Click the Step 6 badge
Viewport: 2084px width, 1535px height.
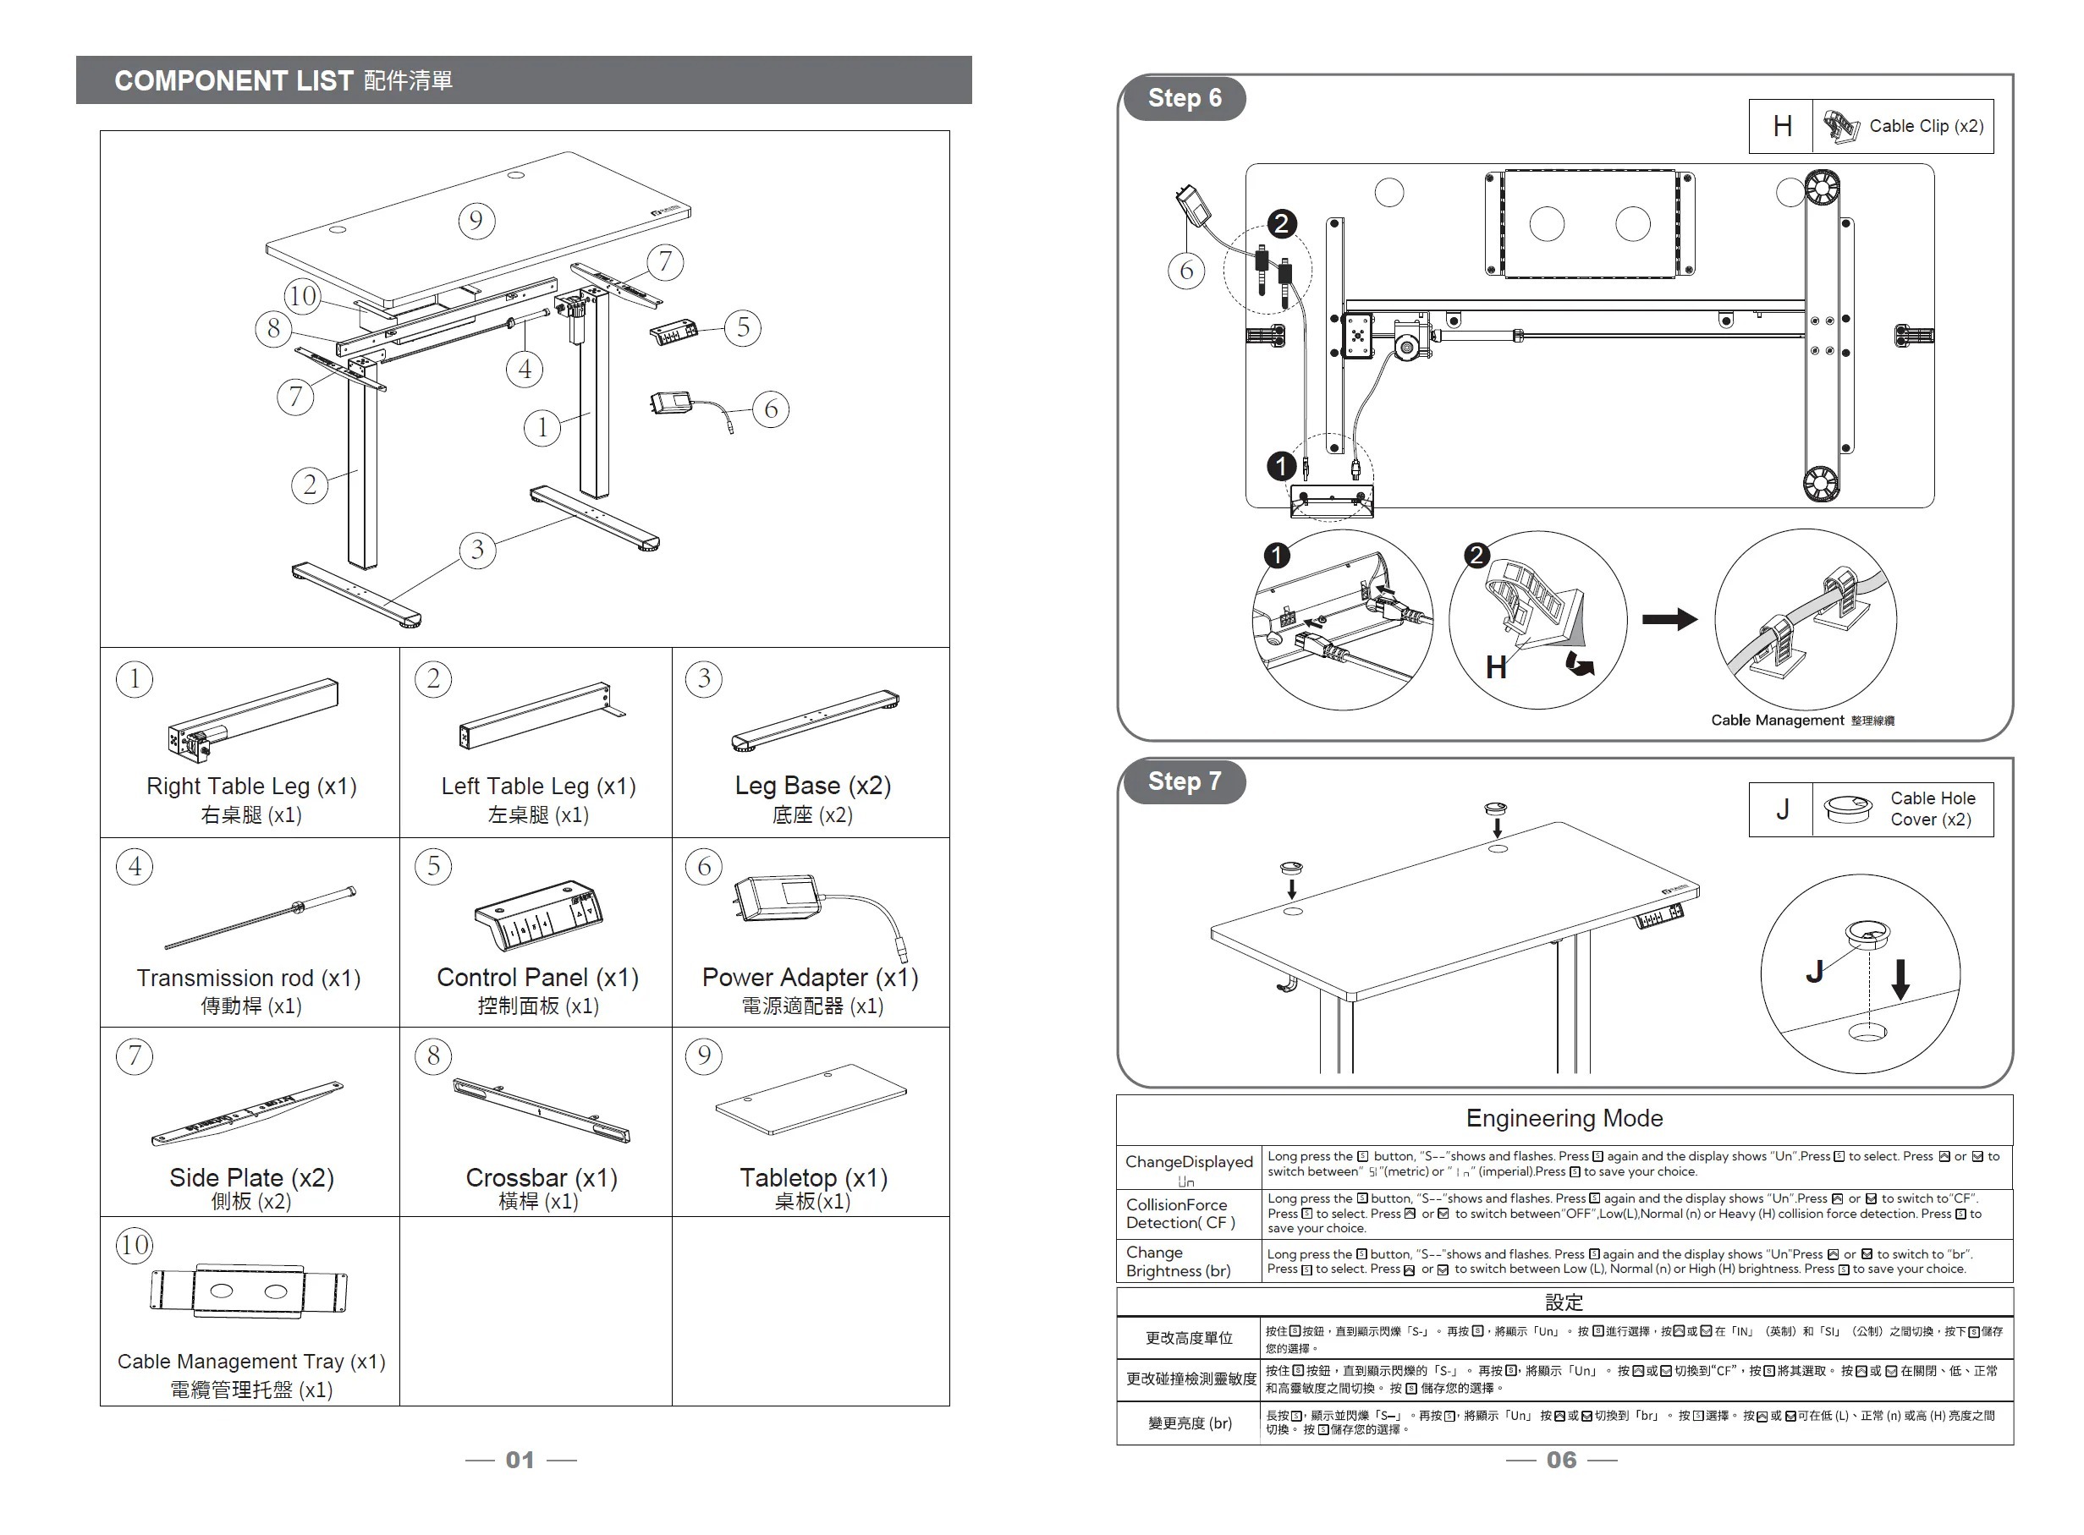pos(1183,98)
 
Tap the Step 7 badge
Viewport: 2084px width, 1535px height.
pos(1183,781)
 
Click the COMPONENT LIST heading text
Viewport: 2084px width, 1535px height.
pos(234,81)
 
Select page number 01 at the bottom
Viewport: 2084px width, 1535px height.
pos(520,1460)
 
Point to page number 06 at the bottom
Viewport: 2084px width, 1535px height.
pos(1561,1460)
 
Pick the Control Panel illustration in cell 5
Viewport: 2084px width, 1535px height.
pos(538,914)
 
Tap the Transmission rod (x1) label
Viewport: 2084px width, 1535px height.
pos(248,979)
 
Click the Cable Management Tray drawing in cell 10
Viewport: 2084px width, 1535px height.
pos(248,1291)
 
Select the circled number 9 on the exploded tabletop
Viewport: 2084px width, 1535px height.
pos(476,221)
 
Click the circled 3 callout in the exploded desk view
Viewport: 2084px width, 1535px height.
pos(477,549)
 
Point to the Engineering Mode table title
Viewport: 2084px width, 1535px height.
pos(1564,1118)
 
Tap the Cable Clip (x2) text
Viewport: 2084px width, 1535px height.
pos(1926,126)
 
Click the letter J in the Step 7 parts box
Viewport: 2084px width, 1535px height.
pos(1782,809)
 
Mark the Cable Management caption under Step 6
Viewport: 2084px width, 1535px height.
pos(1776,720)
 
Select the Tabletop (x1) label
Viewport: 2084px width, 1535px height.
pos(813,1178)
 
